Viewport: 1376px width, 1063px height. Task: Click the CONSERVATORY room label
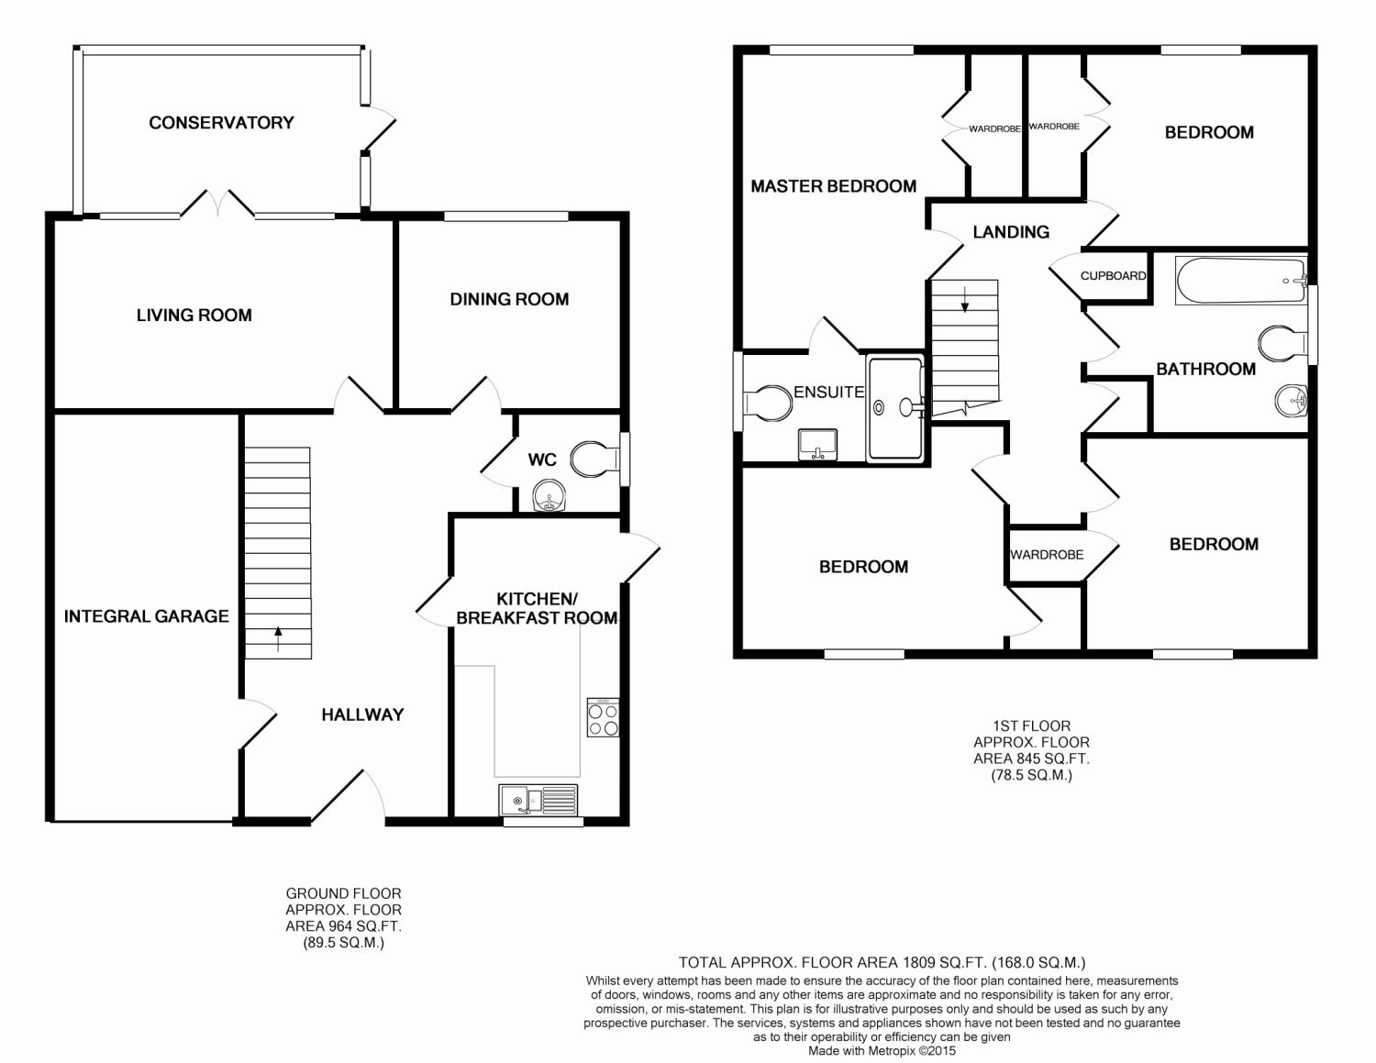coord(221,123)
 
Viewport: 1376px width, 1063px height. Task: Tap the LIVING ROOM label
coord(194,316)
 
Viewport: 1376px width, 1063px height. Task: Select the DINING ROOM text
coord(509,300)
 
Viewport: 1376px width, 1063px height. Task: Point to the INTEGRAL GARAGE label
coord(146,616)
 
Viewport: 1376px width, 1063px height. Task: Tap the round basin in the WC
coord(549,495)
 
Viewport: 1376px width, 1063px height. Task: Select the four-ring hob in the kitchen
coord(603,717)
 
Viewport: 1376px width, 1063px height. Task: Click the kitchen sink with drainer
coord(538,800)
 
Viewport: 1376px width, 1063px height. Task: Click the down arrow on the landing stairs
coord(964,300)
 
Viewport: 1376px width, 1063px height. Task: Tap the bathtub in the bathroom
coord(1240,280)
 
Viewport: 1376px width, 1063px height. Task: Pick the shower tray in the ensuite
coord(895,408)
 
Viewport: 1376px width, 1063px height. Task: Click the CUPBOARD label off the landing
coord(1114,276)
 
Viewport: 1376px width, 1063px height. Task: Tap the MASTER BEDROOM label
coord(833,186)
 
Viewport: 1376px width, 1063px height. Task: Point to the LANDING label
coord(1011,232)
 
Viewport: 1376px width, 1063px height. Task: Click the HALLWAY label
coord(362,714)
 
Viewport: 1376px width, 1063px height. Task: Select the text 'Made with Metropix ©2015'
coord(882,1051)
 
